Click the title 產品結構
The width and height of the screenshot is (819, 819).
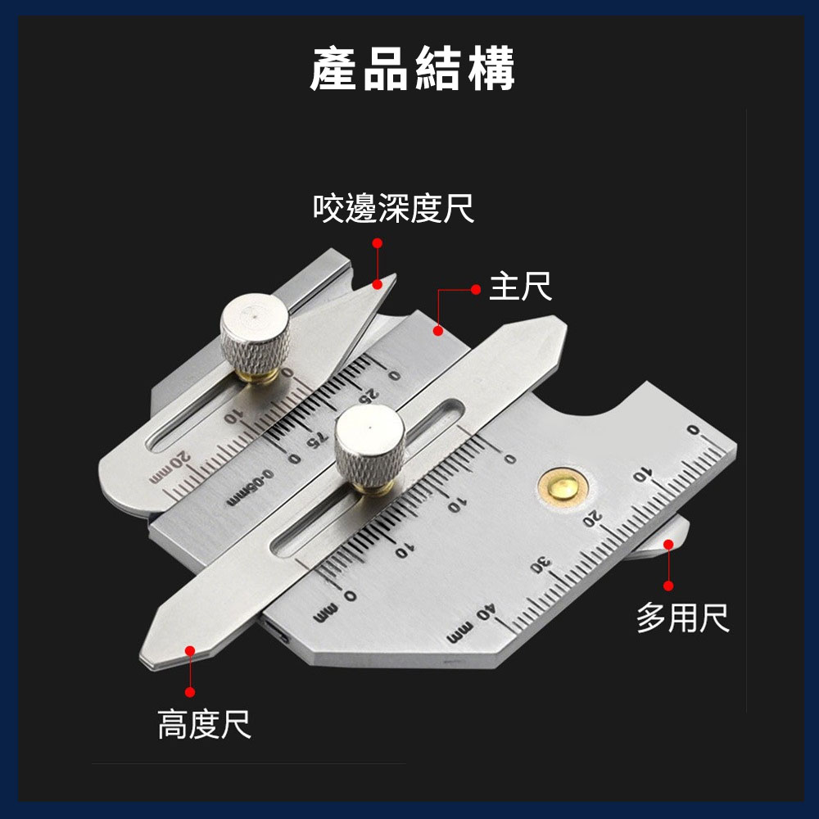[413, 69]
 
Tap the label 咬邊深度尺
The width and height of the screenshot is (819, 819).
[393, 208]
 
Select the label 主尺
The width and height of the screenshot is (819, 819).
[520, 286]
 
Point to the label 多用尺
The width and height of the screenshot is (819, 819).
[683, 618]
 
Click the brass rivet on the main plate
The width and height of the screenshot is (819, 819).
[563, 488]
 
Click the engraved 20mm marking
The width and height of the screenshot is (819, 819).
[170, 468]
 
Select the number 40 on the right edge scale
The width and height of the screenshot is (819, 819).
[485, 613]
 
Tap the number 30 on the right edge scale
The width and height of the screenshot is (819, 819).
[541, 565]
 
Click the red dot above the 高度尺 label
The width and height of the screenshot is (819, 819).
[190, 692]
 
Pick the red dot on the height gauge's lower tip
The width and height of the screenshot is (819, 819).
[190, 651]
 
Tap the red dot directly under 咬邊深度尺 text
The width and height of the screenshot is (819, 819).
[377, 243]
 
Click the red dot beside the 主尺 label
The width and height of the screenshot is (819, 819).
[476, 289]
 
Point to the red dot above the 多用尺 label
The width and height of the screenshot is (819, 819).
[668, 586]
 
